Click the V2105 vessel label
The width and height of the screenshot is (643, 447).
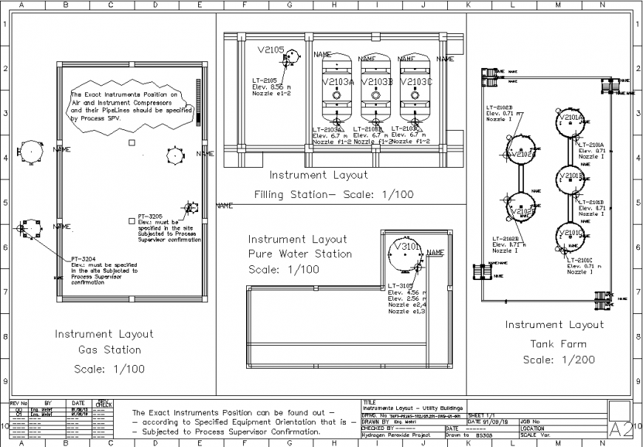coord(271,50)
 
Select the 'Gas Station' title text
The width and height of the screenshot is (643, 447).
coord(109,350)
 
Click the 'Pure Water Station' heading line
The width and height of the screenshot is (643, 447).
coord(300,254)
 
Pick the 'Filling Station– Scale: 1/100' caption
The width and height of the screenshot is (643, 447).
coord(333,195)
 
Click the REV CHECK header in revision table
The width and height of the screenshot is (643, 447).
coord(104,403)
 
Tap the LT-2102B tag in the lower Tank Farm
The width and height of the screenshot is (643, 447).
coord(506,239)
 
